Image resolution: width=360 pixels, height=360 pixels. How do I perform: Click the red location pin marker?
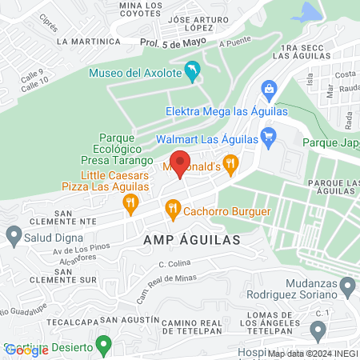[x=181, y=163]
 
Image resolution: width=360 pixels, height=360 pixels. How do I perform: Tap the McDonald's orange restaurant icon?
[x=231, y=165]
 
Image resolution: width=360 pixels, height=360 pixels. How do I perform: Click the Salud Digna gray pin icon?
[x=13, y=235]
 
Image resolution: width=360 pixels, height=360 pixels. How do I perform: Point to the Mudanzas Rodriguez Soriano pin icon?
[x=347, y=286]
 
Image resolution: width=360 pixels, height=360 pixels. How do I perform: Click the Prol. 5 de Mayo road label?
[x=168, y=42]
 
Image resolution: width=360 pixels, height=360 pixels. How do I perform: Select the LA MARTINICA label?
[x=89, y=40]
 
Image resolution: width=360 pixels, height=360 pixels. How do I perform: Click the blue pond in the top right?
[x=306, y=12]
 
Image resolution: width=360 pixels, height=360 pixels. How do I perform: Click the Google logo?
[x=26, y=350]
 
